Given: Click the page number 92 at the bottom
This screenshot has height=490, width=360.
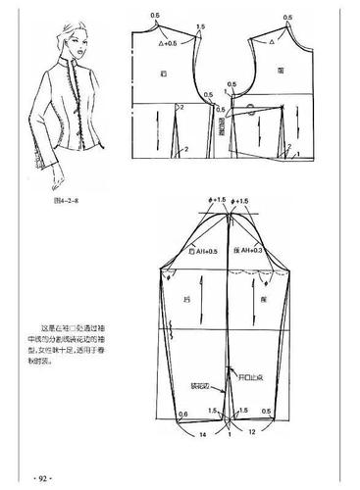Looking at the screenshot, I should pyautogui.click(x=42, y=477).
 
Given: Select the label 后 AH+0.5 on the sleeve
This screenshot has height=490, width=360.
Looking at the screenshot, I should pyautogui.click(x=205, y=252).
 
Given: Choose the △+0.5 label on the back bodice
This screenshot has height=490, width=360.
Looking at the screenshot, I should pyautogui.click(x=168, y=44).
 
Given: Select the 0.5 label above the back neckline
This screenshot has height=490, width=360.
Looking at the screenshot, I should pyautogui.click(x=155, y=17).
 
